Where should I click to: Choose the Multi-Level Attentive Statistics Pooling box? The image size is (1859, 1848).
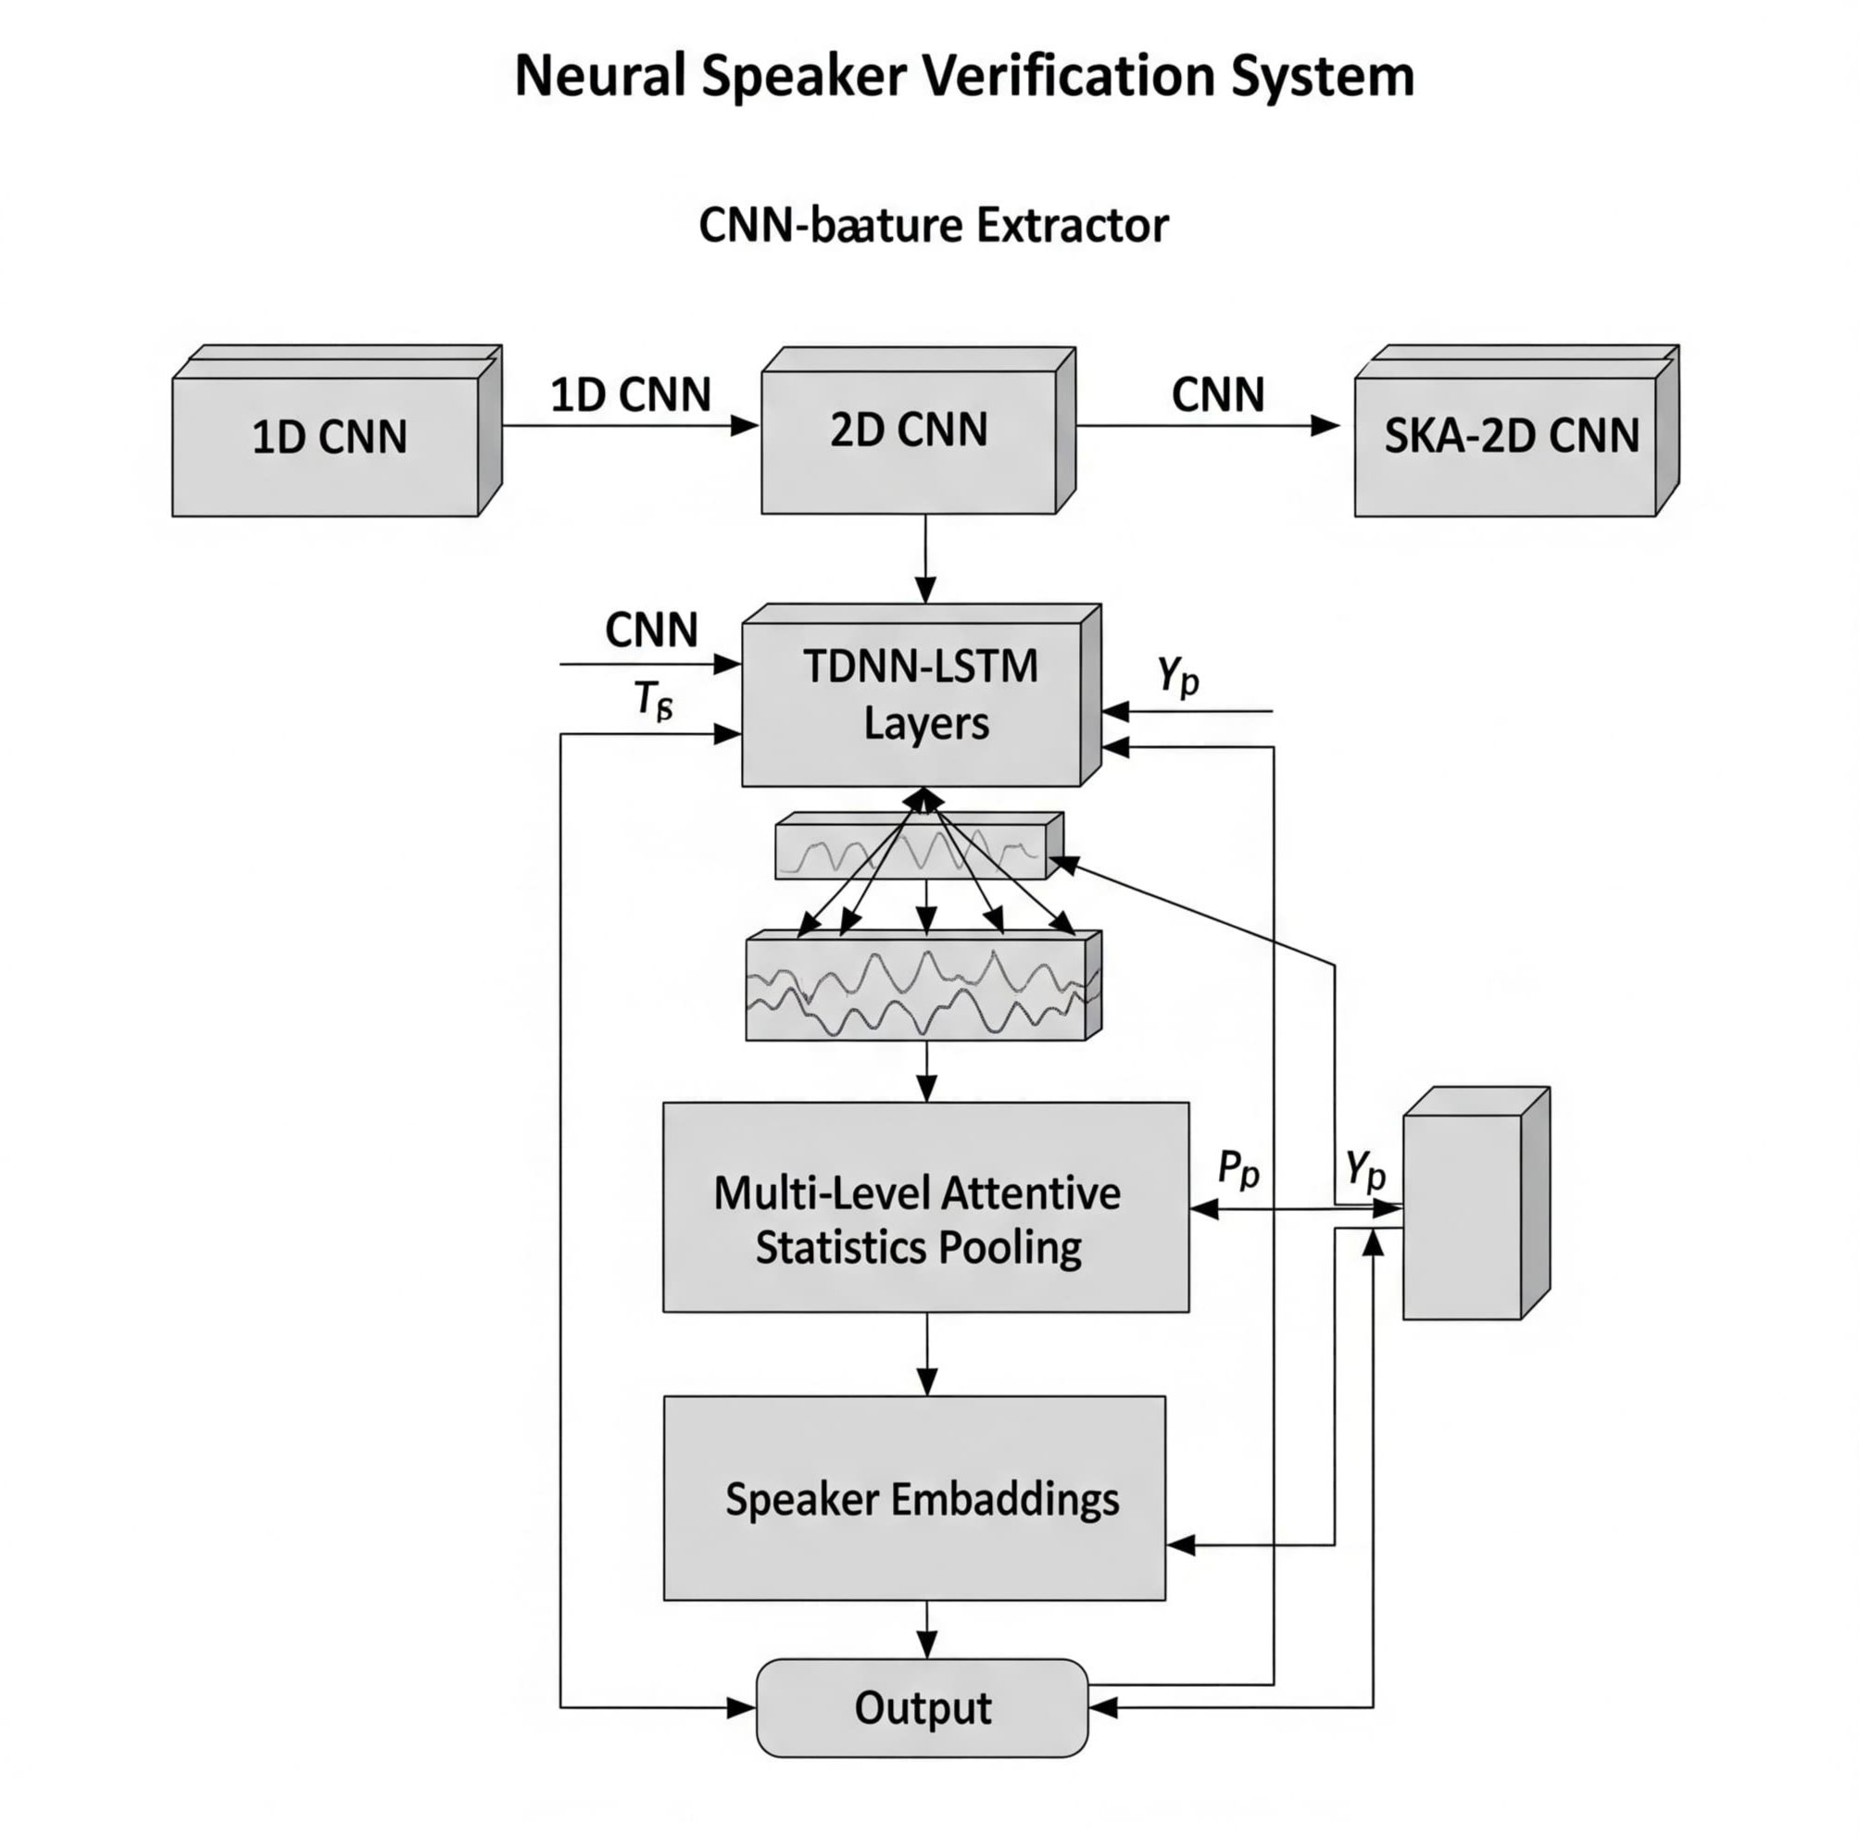925,1206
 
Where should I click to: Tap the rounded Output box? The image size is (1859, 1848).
922,1707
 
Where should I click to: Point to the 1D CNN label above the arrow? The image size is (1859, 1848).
630,394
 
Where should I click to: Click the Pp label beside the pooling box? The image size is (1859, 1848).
1237,1167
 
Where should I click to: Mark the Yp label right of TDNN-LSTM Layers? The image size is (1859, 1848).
1178,675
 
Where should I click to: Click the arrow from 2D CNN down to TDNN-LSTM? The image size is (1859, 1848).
925,558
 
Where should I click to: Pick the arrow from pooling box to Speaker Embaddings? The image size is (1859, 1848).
926,1353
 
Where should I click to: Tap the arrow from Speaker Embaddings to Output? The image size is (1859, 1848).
926,1629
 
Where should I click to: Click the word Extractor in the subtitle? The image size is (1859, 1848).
1072,226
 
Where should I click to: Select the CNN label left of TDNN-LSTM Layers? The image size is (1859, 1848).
651,631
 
